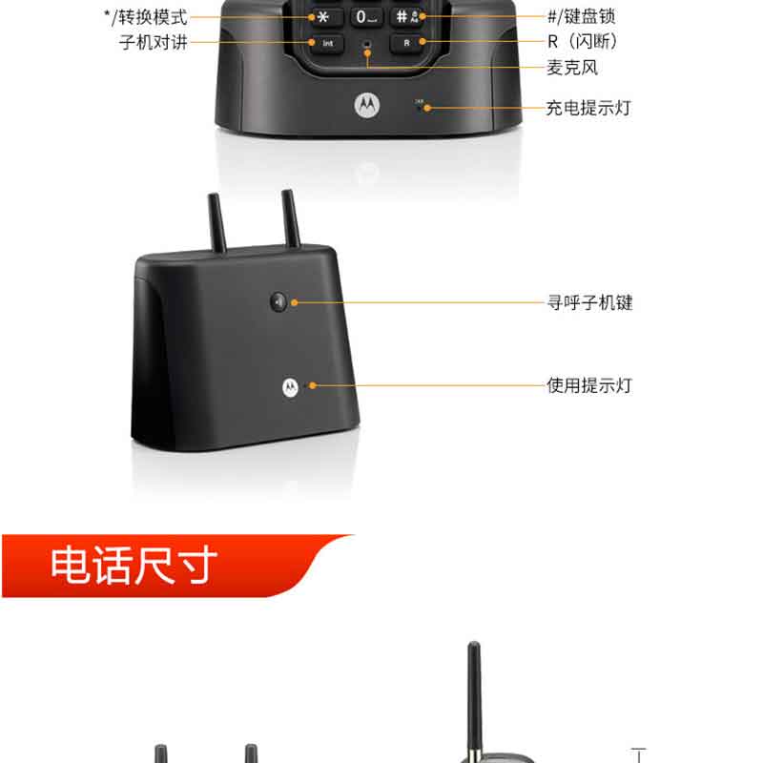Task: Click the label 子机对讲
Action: (154, 42)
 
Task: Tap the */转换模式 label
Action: (146, 17)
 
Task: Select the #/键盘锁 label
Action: (582, 16)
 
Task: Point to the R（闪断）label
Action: (583, 41)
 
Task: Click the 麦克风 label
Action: (572, 67)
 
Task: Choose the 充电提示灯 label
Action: (588, 108)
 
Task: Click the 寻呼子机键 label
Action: (589, 302)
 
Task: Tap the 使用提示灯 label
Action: (589, 385)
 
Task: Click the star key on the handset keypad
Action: (324, 17)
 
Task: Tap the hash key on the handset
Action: (407, 16)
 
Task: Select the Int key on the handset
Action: (327, 43)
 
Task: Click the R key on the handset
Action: (407, 43)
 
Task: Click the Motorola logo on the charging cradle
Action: (367, 105)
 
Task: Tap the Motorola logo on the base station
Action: (290, 387)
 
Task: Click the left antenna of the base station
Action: (217, 223)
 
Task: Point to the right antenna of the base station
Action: (291, 218)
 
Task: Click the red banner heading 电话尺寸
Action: (134, 565)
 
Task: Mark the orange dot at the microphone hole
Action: (367, 52)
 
